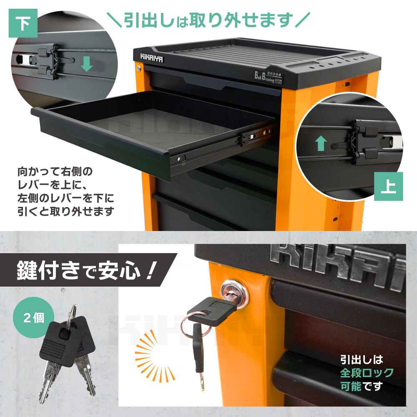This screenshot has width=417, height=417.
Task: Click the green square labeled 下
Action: coord(23,23)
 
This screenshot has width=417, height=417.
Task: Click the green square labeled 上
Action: coord(388,186)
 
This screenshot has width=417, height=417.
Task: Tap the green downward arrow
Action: coord(86,64)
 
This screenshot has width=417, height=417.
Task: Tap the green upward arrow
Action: coord(321,143)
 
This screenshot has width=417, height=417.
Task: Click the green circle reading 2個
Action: coord(33,317)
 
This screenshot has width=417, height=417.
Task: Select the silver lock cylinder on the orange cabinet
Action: coord(235,292)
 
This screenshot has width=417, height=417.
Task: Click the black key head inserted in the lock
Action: coord(212,311)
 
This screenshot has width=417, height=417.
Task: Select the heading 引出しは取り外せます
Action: coord(208,20)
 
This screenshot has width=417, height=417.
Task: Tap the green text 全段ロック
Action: coord(367,373)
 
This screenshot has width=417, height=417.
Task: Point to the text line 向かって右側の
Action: coord(55,171)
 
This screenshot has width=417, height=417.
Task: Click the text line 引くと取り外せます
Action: coord(66,211)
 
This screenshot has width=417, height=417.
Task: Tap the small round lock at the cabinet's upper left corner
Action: coord(138,68)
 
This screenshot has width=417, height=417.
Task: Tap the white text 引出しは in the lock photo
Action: coord(362,360)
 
